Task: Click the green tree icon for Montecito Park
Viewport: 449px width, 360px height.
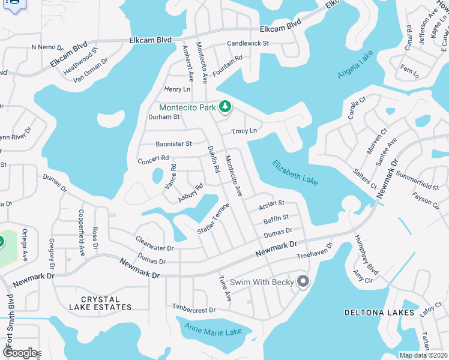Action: (225, 107)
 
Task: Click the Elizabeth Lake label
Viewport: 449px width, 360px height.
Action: (294, 172)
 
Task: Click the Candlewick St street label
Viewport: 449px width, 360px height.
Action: (248, 44)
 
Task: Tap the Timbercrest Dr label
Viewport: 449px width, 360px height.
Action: (193, 310)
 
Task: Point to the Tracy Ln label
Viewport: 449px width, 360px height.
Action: (244, 131)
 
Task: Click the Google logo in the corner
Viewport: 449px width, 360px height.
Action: (20, 353)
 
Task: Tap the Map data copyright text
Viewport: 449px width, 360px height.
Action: (423, 355)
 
